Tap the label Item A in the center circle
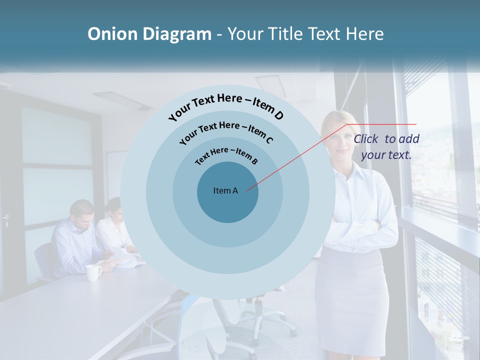pos(225,190)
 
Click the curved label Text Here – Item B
pos(226,154)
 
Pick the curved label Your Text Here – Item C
pos(226,131)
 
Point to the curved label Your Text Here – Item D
pos(226,106)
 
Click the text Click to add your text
pos(386,147)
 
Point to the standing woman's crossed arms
pos(356,229)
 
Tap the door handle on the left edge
pos(5,218)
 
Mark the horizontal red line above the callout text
pos(381,124)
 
